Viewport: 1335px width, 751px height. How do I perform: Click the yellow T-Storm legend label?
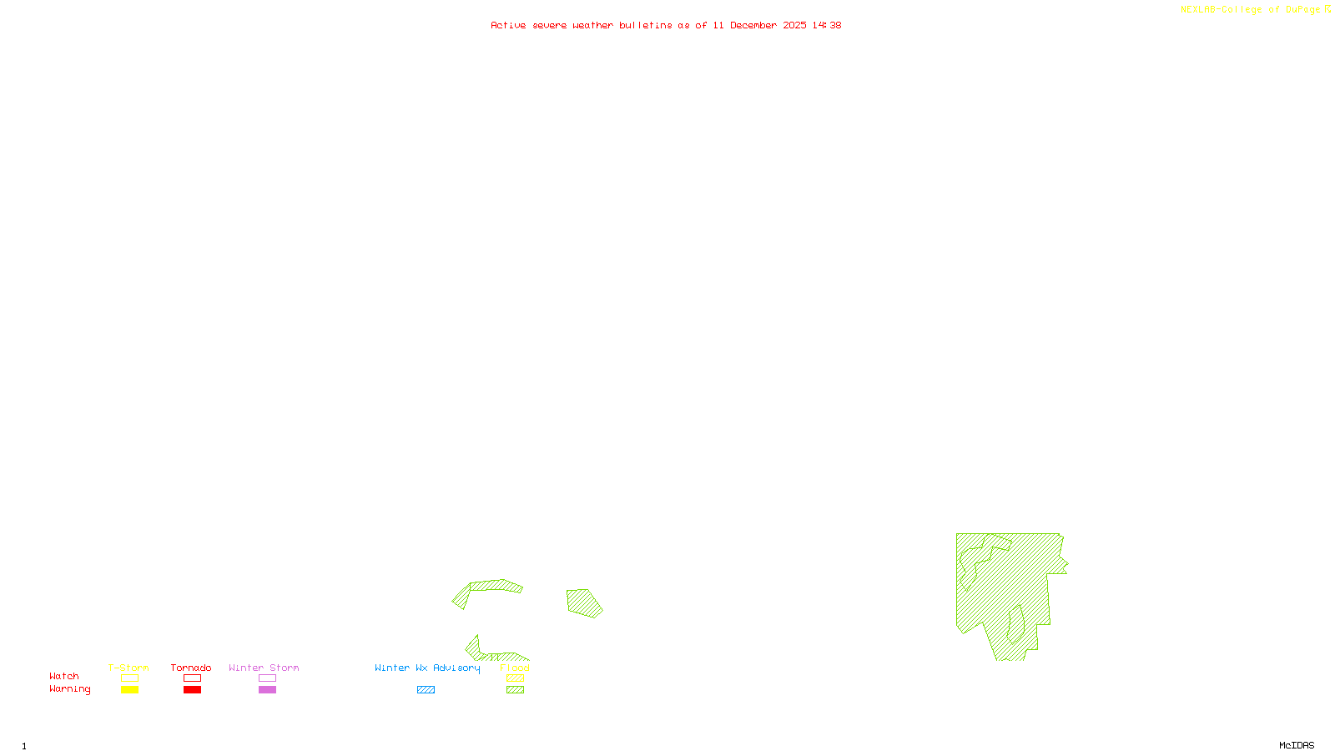pyautogui.click(x=128, y=668)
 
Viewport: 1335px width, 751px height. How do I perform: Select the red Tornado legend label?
pyautogui.click(x=191, y=668)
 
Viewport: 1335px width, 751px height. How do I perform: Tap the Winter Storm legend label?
pyautogui.click(x=264, y=668)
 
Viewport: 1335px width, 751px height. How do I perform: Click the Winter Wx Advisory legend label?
pyautogui.click(x=427, y=668)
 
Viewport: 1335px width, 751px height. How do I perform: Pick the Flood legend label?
pyautogui.click(x=515, y=668)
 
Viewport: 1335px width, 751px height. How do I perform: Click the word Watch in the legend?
pyautogui.click(x=64, y=676)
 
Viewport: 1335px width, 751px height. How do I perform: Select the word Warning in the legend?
pyautogui.click(x=70, y=689)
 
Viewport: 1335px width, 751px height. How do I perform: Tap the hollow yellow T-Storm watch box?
pyautogui.click(x=129, y=678)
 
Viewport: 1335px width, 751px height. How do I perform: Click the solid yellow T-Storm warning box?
pyautogui.click(x=129, y=690)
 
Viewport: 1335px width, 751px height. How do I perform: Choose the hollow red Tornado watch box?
pyautogui.click(x=192, y=678)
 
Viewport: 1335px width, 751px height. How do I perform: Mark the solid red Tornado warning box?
pyautogui.click(x=192, y=690)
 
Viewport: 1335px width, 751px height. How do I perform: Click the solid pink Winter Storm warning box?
pyautogui.click(x=267, y=690)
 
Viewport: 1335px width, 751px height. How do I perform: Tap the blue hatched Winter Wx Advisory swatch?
pyautogui.click(x=426, y=690)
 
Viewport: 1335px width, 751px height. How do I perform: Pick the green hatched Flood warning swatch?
pyautogui.click(x=515, y=690)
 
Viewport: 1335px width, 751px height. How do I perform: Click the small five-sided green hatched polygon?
pyautogui.click(x=584, y=602)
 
